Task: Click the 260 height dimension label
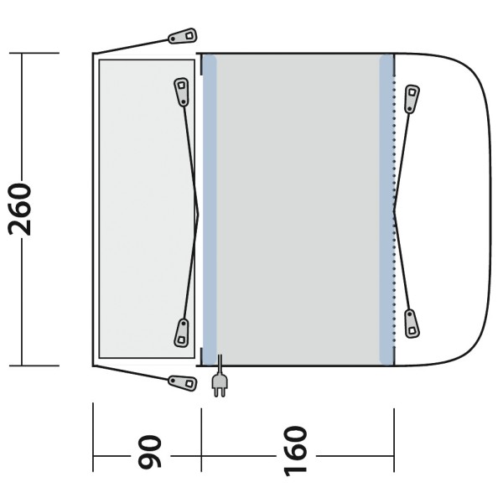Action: (20, 209)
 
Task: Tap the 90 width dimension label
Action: (149, 452)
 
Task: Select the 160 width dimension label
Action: (295, 451)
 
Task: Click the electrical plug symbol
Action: (220, 378)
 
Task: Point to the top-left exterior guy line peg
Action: (183, 36)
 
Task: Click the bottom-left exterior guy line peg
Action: (183, 383)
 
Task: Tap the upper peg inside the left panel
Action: (182, 91)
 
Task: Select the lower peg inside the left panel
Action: (182, 333)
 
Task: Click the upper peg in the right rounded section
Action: (412, 99)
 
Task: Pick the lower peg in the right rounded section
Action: (412, 324)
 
